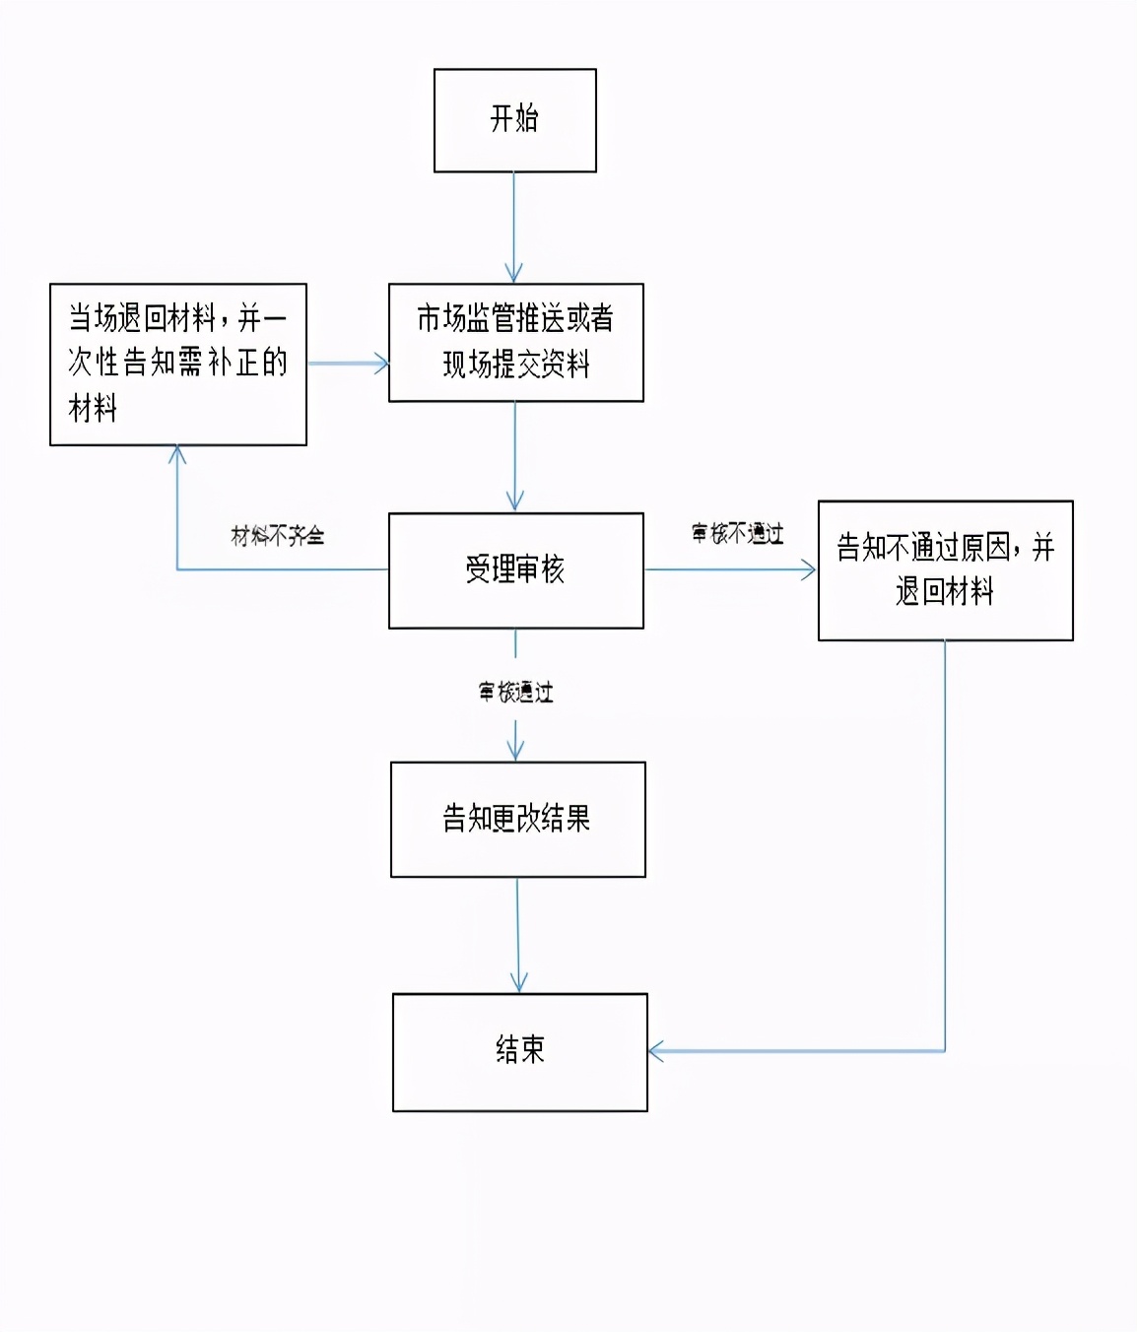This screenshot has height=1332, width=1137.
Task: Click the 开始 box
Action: pos(514,120)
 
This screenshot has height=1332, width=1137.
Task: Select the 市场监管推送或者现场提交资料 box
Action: pos(515,342)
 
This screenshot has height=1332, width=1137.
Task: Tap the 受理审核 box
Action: pos(515,570)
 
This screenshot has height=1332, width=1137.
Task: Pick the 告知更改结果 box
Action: pos(517,819)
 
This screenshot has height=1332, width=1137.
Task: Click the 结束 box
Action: pos(519,1051)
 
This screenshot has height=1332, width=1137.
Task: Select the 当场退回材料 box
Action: pos(177,364)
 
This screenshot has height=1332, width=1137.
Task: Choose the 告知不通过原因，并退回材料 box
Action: pos(945,570)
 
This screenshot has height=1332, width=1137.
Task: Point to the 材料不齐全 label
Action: pos(278,536)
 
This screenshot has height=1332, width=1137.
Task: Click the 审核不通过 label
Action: pos(738,534)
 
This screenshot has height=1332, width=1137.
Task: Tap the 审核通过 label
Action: pos(515,693)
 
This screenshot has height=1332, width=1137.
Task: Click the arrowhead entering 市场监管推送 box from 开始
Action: pos(513,274)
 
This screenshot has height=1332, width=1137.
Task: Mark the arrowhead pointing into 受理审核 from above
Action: pos(514,501)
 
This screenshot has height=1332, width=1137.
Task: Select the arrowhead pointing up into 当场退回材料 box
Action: pos(177,455)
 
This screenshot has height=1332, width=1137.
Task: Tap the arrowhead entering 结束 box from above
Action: pos(518,983)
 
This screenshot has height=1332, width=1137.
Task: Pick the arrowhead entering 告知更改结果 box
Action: pos(515,752)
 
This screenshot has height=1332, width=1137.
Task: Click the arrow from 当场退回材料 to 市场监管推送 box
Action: pos(347,364)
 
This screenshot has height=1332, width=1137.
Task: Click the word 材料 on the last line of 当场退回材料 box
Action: pos(93,408)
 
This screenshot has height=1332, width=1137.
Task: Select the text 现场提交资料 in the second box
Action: pos(515,366)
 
